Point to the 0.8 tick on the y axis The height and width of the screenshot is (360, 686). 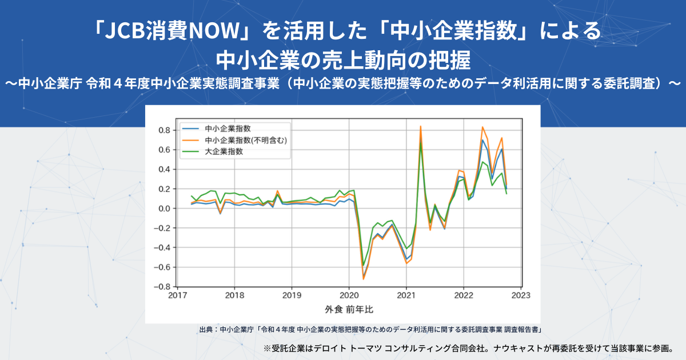166,130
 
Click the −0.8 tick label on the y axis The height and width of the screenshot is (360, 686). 163,287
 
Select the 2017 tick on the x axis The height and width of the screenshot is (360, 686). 178,296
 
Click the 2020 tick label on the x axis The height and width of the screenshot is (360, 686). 349,296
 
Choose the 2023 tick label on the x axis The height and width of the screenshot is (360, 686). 521,296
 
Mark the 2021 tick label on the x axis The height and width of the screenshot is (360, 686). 406,296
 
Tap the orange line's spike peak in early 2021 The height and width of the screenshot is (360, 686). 421,126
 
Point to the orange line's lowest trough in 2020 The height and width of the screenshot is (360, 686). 363,279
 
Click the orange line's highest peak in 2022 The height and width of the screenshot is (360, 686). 482,127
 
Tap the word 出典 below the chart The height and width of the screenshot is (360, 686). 205,330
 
